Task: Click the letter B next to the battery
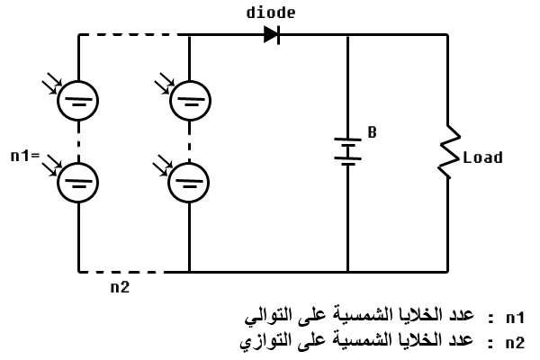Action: (x=372, y=132)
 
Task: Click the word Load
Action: (x=482, y=157)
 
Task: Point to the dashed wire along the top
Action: (x=133, y=35)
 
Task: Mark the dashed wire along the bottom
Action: (x=133, y=271)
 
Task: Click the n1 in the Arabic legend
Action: (x=514, y=318)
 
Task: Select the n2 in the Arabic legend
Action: (x=514, y=342)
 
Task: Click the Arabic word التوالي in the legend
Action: (x=270, y=318)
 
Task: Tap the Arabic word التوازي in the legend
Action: (x=270, y=342)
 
